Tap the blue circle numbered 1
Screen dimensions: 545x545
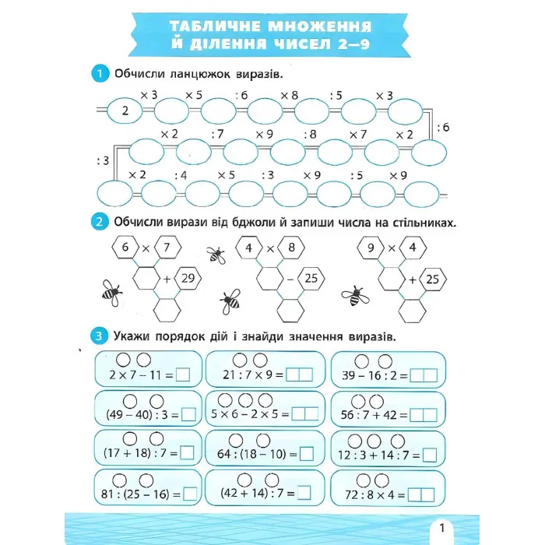pos(99,75)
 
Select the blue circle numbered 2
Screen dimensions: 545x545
pos(99,223)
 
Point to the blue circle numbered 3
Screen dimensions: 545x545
pos(99,337)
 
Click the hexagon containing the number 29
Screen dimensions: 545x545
pos(188,277)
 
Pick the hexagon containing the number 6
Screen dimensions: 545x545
pos(125,249)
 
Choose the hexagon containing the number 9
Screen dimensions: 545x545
pos(371,249)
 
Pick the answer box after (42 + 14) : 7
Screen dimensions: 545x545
pos(304,493)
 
